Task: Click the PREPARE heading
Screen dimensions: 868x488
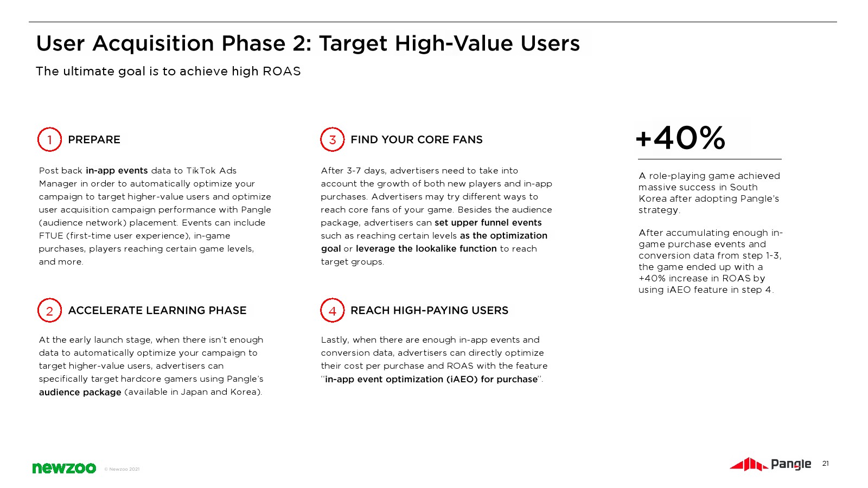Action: coord(94,139)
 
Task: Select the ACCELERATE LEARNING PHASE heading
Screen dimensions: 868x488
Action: coord(157,310)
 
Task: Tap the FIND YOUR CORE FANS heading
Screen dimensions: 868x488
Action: coord(417,139)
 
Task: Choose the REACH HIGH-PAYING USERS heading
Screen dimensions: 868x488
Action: coord(429,310)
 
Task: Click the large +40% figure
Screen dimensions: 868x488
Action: coord(680,138)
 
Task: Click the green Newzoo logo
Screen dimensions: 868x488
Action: coord(64,468)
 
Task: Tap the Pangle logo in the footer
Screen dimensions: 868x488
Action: coord(770,464)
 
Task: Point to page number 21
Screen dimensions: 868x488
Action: coord(825,464)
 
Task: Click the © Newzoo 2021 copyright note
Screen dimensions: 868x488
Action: coord(122,469)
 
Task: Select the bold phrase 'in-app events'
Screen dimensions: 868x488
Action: coord(117,170)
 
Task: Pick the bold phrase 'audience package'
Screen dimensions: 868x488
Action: coord(80,392)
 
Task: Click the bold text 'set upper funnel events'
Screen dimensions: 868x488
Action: coord(488,223)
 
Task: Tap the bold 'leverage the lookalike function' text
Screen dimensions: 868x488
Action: coord(426,249)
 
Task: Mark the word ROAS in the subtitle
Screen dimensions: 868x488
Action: coord(282,71)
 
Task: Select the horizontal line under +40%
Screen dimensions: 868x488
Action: coord(710,159)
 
